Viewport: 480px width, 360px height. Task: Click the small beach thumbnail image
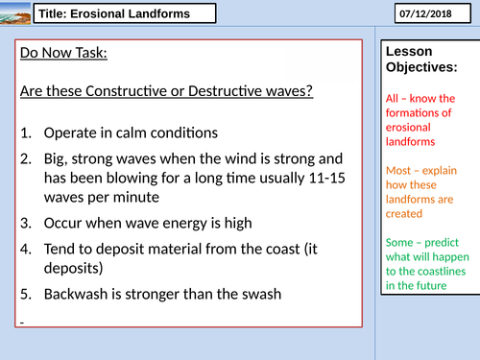[x=13, y=13]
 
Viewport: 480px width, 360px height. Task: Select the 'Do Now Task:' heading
[x=63, y=52]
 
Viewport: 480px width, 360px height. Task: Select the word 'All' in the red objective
[x=390, y=98]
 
